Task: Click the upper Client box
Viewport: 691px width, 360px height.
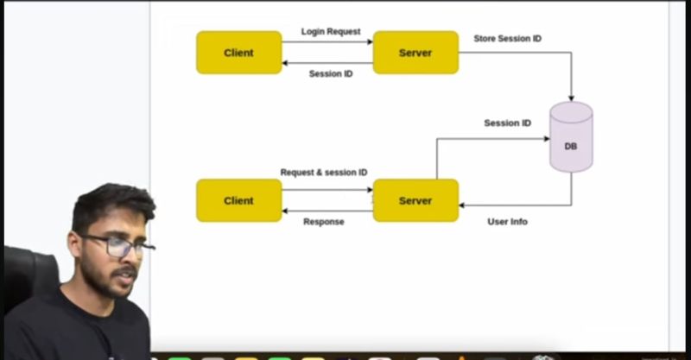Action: [x=238, y=53]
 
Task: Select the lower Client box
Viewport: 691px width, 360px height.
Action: [x=238, y=200]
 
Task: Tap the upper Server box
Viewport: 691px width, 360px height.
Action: [x=415, y=53]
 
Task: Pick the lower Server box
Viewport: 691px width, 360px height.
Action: [x=415, y=200]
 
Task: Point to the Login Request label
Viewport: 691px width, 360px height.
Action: [x=331, y=32]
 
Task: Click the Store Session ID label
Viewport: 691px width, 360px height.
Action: [x=508, y=39]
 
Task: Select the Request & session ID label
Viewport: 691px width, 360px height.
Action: [x=324, y=173]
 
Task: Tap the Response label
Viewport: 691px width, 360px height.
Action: [x=324, y=222]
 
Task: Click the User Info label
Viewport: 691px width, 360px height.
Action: [x=508, y=222]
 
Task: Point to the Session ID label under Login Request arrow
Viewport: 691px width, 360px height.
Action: [x=331, y=74]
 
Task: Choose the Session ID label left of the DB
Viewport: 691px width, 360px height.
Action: [x=507, y=123]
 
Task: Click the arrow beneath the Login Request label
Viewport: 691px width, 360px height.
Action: [x=327, y=41]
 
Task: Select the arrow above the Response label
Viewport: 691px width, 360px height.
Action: [x=327, y=212]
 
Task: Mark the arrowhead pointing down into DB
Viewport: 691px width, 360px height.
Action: [x=571, y=98]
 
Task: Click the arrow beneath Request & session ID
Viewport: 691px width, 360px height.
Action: [x=327, y=190]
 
